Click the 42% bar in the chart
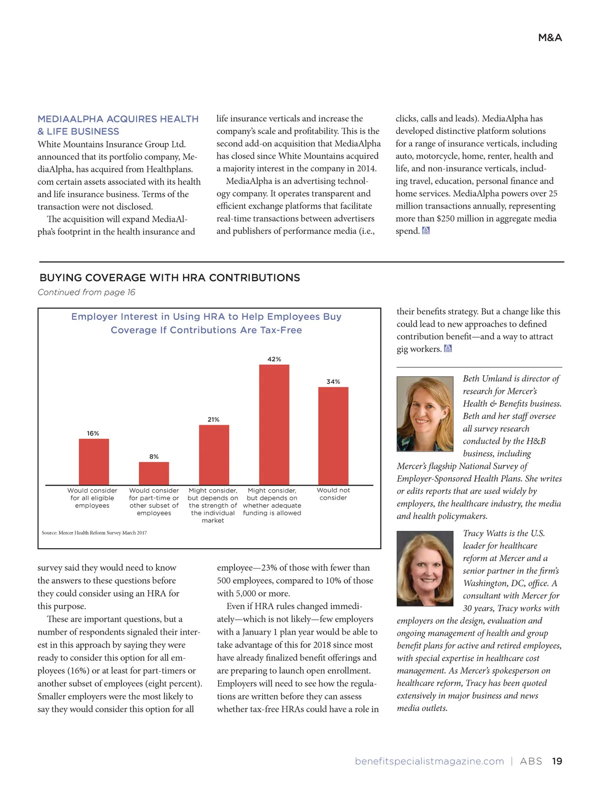coord(274,425)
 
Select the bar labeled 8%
coord(154,473)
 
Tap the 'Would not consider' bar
coord(333,436)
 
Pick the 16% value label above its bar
coord(93,433)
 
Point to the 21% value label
coord(213,419)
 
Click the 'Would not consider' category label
coord(333,494)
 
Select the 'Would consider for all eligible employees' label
coord(92,498)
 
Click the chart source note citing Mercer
coord(94,533)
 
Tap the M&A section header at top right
coord(550,37)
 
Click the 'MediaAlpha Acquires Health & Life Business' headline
coord(118,125)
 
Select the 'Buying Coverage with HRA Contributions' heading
coord(170,278)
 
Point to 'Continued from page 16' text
coord(86,292)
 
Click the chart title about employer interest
coord(206,323)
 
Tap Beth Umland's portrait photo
coord(425,414)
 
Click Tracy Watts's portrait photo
coord(425,569)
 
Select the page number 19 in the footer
coord(557,761)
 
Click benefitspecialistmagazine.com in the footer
coord(429,761)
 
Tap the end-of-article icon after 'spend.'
coord(426,230)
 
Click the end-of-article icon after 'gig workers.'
coord(448,348)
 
